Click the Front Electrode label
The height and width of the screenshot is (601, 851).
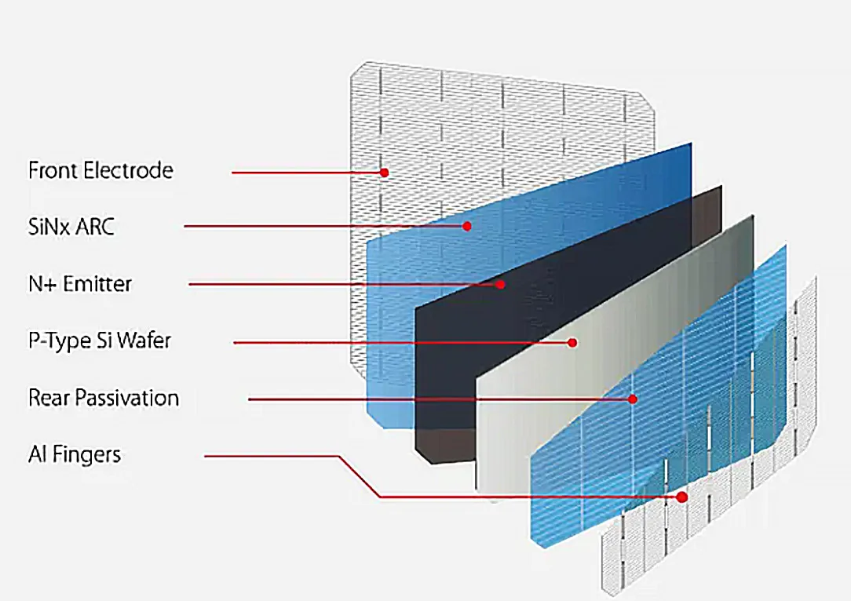(100, 170)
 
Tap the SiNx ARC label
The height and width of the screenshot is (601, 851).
(71, 227)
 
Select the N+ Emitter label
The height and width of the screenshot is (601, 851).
(80, 283)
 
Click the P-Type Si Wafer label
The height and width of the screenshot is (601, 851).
(100, 341)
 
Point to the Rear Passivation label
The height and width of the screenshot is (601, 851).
(104, 398)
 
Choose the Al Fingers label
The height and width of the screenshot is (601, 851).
(75, 454)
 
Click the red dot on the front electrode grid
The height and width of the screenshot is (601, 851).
(385, 172)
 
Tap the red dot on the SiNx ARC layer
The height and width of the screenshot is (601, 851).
(466, 226)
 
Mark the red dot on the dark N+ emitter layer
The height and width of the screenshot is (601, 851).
(501, 284)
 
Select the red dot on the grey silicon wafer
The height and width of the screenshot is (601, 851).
(573, 342)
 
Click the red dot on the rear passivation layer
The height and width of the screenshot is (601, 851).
(633, 399)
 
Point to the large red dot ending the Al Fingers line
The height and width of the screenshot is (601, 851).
(681, 497)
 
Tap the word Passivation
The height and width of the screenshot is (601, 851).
(129, 398)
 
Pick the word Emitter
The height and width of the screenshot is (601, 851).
(97, 283)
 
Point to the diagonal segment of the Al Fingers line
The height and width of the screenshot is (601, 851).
(360, 476)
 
